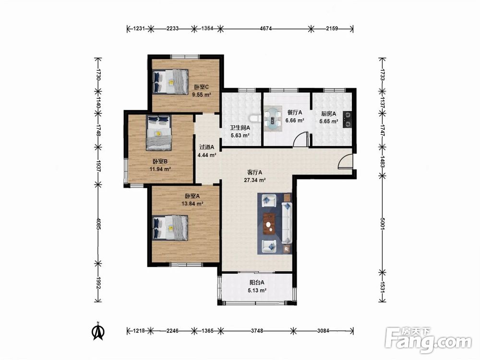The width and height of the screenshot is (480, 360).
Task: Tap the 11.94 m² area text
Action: click(x=160, y=169)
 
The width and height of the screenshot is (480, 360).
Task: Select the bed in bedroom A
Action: click(x=170, y=228)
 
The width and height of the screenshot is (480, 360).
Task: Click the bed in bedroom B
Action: click(x=158, y=133)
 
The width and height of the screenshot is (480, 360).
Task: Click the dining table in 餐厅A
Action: click(x=273, y=119)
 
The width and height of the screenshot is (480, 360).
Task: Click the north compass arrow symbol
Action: click(x=98, y=332)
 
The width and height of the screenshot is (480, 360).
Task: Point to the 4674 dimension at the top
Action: click(x=265, y=29)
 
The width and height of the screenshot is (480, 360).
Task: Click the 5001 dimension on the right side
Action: click(x=383, y=224)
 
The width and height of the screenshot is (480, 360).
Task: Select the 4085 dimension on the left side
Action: click(x=98, y=224)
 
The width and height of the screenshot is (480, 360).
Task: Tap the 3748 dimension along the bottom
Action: click(x=257, y=331)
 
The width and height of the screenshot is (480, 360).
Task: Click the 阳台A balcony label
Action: click(x=257, y=283)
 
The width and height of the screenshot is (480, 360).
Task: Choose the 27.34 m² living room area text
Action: click(x=255, y=180)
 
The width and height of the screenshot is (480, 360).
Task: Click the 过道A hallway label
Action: click(x=207, y=147)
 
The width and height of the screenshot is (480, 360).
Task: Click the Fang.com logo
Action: click(x=428, y=340)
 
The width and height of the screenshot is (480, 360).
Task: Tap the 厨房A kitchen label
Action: click(x=328, y=114)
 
